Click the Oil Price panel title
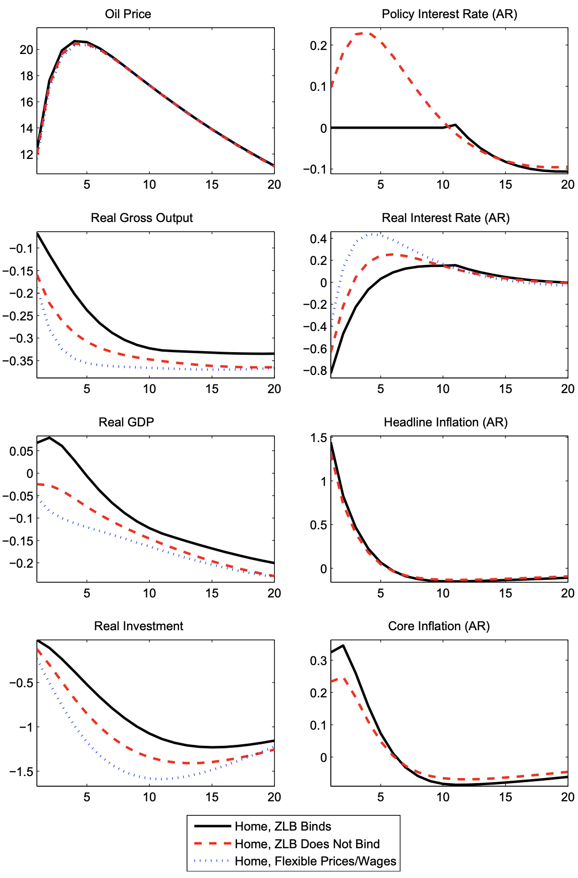[128, 14]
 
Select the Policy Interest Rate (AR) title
[449, 14]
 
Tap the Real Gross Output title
[142, 218]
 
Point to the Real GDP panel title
[126, 422]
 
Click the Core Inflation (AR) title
[439, 626]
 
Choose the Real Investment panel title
[139, 626]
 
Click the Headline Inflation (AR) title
[446, 422]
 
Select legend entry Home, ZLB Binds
[283, 827]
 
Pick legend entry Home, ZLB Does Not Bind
[307, 844]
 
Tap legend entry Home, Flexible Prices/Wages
[316, 861]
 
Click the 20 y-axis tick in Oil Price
[26, 49]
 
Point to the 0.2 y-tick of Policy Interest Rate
[318, 45]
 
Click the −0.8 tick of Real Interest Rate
[315, 371]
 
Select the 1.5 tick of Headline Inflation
[318, 438]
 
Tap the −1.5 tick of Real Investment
[21, 772]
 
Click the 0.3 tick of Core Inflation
[318, 661]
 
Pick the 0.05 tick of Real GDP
[21, 451]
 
